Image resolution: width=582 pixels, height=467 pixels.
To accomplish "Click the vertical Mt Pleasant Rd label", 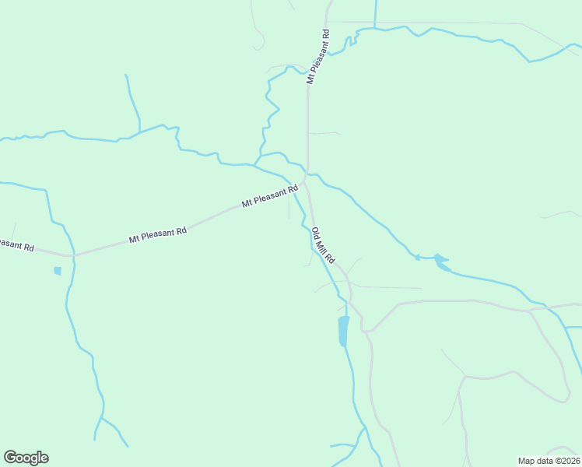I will (318, 57).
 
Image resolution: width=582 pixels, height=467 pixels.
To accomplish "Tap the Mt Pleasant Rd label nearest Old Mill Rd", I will (270, 196).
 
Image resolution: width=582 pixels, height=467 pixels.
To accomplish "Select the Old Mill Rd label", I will (323, 244).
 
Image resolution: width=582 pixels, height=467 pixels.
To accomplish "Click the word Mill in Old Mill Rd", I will (323, 245).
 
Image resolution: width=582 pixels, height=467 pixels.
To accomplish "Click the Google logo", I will (26, 458).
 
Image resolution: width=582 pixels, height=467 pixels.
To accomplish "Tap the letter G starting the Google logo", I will (10, 458).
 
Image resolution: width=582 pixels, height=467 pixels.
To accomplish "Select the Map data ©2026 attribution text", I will (548, 460).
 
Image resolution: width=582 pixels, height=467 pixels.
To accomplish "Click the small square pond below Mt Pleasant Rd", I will (57, 271).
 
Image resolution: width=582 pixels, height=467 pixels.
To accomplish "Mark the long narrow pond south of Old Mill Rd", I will (343, 331).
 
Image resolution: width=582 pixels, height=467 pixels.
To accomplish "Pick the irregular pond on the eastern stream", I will (440, 261).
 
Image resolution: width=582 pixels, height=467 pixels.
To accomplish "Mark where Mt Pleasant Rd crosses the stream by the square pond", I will (72, 255).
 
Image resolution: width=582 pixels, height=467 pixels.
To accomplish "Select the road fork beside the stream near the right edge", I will (531, 311).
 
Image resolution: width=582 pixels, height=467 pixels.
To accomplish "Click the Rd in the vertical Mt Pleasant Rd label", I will (325, 35).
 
